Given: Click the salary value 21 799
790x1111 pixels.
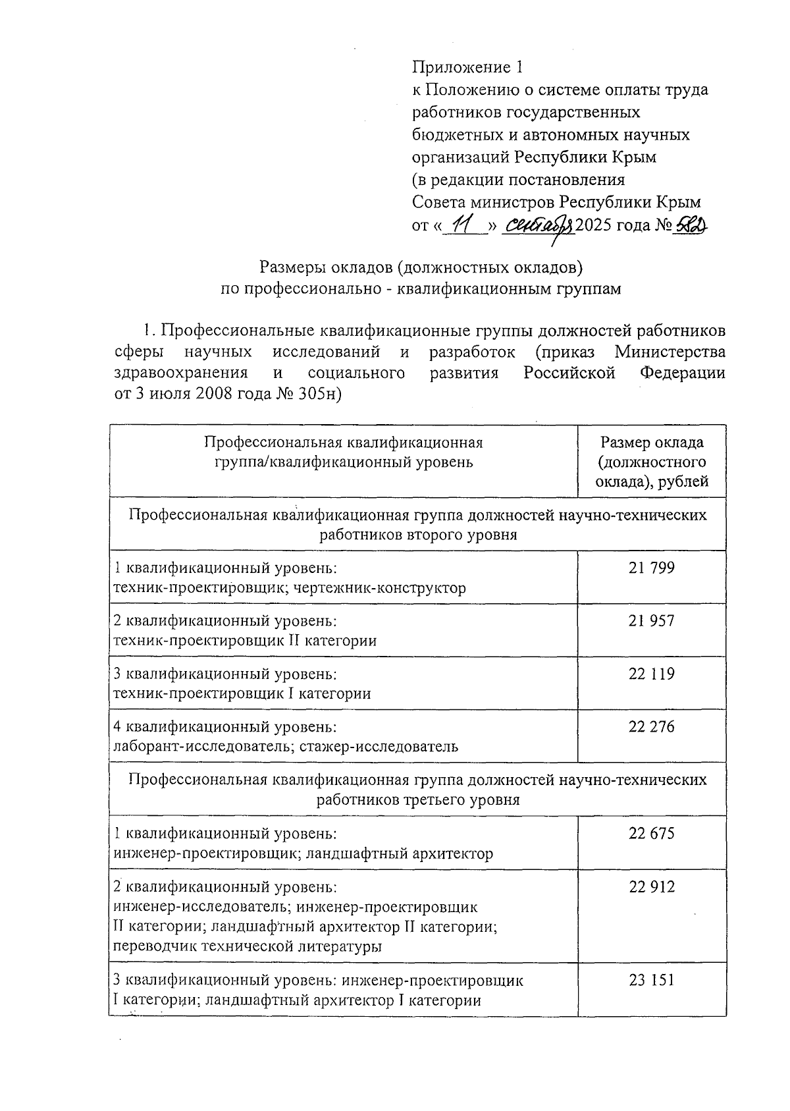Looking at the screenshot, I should [651, 568].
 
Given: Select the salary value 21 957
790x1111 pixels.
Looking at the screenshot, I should [651, 620].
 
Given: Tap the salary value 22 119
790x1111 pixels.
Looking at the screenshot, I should [651, 674].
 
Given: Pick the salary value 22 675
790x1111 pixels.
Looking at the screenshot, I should [651, 833].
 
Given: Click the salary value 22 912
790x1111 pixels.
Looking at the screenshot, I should [651, 886].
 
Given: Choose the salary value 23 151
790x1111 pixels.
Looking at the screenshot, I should [651, 979].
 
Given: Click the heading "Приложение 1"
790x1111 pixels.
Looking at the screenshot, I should [468, 67].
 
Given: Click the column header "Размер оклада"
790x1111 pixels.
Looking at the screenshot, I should [652, 443].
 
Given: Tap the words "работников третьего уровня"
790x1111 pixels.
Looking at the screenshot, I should [418, 799].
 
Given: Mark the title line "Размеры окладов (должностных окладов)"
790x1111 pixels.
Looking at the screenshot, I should [421, 267].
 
